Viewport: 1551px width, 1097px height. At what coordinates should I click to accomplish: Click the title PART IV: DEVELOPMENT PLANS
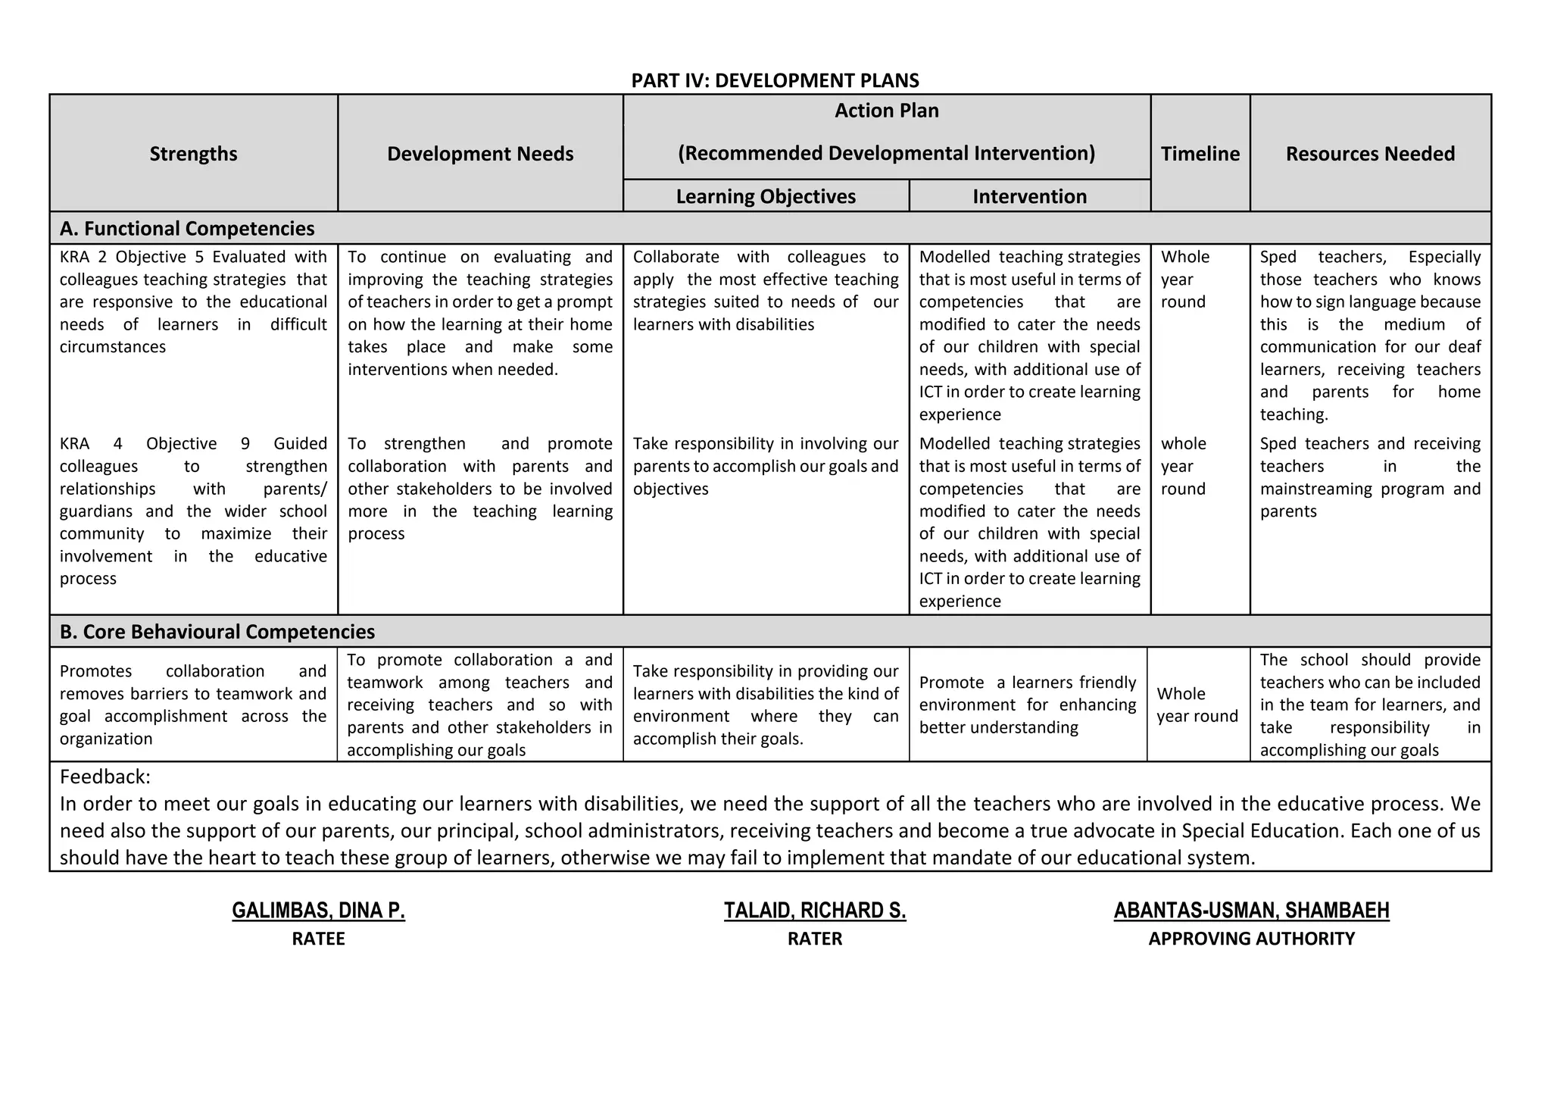click(775, 80)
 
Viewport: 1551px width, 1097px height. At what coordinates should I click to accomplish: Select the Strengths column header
click(193, 154)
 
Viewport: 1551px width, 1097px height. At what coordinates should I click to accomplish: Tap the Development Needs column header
click(480, 154)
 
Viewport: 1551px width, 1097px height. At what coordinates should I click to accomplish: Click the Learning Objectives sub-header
click(766, 196)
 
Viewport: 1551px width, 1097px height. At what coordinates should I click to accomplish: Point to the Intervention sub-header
click(1029, 196)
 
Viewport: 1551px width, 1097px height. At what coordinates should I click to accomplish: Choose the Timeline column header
click(1200, 154)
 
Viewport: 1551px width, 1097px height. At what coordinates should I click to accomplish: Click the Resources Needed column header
click(1370, 154)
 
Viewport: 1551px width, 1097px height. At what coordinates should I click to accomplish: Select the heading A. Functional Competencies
click(187, 228)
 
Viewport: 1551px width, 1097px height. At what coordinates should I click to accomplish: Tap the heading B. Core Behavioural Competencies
click(217, 631)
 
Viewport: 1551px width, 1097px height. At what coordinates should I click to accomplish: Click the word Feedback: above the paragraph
click(105, 777)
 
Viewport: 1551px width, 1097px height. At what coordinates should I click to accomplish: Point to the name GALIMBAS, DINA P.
click(318, 910)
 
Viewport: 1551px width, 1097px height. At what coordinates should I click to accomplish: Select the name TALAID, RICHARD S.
click(815, 910)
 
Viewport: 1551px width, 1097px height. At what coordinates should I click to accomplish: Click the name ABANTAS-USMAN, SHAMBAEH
click(1251, 910)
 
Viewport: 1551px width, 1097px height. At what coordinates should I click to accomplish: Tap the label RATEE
click(318, 939)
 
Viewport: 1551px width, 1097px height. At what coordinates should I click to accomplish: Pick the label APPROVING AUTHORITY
click(1251, 939)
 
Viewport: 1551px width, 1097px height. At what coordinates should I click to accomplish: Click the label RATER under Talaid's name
click(815, 939)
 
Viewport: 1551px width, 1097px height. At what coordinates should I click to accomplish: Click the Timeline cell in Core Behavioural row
click(1197, 705)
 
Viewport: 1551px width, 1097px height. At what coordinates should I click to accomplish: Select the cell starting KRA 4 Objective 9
click(193, 511)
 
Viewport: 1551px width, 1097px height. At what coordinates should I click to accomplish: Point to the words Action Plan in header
click(886, 111)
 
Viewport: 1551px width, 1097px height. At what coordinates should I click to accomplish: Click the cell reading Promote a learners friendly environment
click(1027, 705)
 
